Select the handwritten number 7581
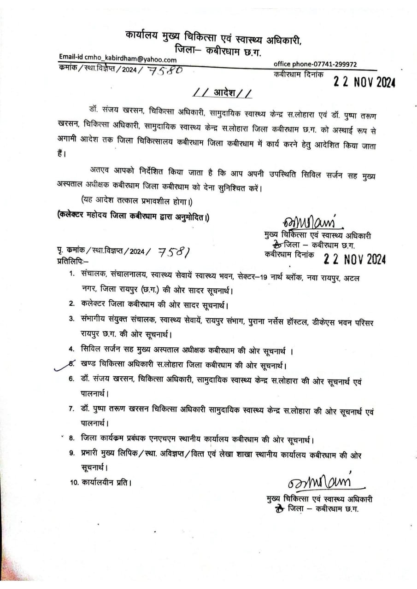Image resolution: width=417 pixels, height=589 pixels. coord(174,252)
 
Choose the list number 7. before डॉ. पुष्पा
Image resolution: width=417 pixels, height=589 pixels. coord(72,409)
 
